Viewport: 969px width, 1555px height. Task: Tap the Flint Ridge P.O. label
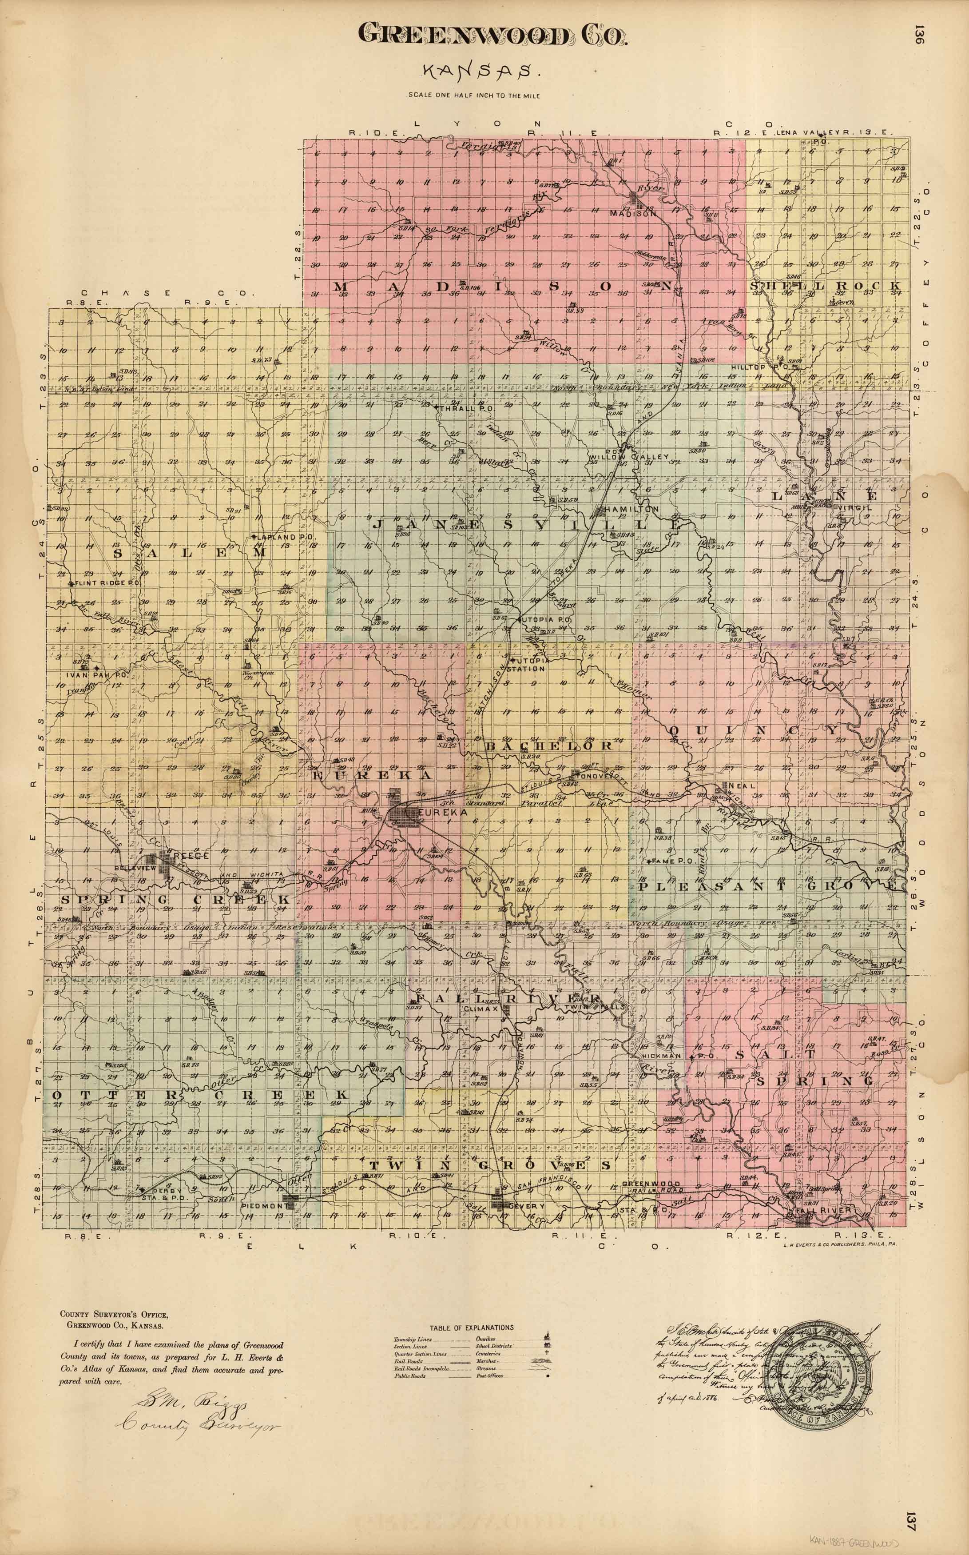[107, 584]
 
